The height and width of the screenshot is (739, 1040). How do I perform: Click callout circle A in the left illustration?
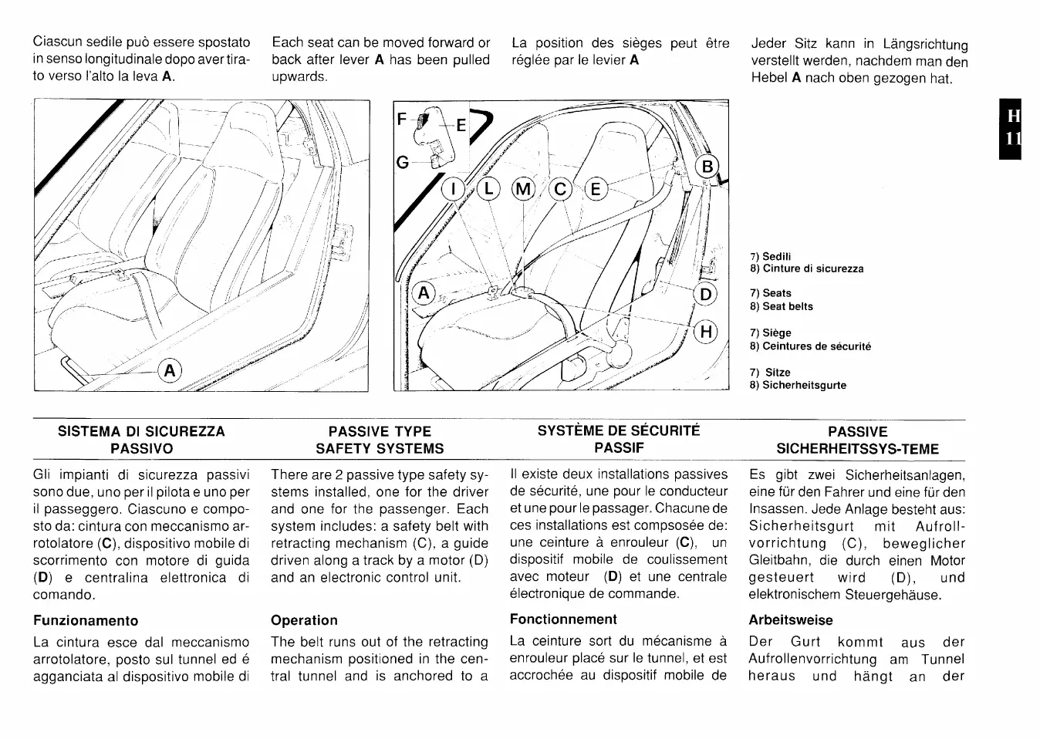[x=170, y=371]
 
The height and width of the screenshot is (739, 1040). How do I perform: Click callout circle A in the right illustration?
[x=424, y=293]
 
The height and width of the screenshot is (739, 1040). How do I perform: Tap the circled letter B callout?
[x=707, y=167]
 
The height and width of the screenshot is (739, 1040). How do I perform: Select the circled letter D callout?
[x=705, y=294]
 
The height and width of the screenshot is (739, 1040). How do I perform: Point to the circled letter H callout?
[x=705, y=332]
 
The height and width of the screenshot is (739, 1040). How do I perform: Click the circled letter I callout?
[x=453, y=188]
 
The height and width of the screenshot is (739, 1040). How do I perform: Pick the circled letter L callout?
[x=488, y=188]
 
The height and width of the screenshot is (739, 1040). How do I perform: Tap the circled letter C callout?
[x=560, y=188]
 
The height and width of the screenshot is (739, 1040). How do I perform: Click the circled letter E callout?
[x=596, y=188]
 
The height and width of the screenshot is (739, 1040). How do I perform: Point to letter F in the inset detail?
[x=401, y=120]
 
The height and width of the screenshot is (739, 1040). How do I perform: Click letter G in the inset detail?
[x=401, y=162]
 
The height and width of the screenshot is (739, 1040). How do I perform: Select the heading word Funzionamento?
[x=86, y=620]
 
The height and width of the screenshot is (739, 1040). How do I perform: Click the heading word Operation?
[x=304, y=620]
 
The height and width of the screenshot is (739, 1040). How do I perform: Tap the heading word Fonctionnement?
[x=563, y=619]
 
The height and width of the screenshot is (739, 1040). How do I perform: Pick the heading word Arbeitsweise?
[x=791, y=620]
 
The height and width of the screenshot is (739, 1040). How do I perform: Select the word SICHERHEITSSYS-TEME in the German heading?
[x=857, y=449]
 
